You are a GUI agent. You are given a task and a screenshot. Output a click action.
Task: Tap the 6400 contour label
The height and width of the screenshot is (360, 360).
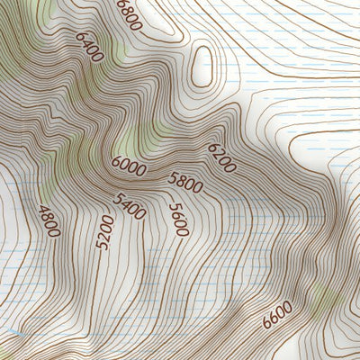click(x=90, y=47)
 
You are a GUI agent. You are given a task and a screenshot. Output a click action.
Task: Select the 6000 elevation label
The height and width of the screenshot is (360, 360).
click(x=128, y=165)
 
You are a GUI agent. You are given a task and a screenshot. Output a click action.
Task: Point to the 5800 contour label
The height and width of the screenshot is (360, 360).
click(x=185, y=182)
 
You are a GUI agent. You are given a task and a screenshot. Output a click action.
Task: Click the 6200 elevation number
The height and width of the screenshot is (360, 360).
click(x=221, y=157)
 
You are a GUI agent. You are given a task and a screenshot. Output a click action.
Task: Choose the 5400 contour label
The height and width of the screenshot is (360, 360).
click(x=130, y=206)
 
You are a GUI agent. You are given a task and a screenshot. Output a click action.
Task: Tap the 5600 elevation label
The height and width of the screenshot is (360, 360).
click(x=178, y=219)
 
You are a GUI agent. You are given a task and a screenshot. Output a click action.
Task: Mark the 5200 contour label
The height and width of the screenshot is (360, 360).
click(x=105, y=232)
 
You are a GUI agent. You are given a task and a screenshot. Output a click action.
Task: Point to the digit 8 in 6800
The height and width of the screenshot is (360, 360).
click(x=127, y=9)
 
